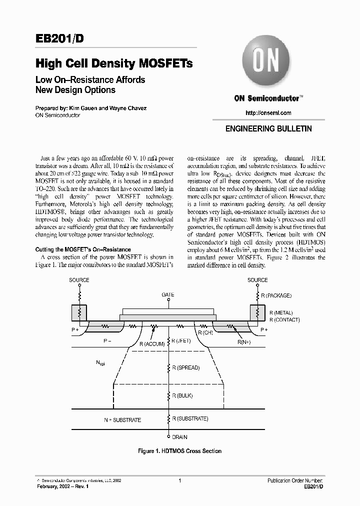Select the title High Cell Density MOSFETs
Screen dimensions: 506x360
114,63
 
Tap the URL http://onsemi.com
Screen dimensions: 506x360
268,113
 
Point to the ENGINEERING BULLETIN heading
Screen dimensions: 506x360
268,128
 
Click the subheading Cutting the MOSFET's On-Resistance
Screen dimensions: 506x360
83,249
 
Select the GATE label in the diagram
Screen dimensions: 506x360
168,295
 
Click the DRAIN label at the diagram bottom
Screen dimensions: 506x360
180,436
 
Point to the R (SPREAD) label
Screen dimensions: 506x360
186,367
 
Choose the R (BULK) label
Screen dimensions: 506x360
182,395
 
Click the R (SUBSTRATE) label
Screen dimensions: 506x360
190,418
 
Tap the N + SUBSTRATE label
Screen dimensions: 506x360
122,420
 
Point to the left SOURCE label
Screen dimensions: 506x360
79,280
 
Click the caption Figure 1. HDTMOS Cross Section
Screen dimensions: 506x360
179,451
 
